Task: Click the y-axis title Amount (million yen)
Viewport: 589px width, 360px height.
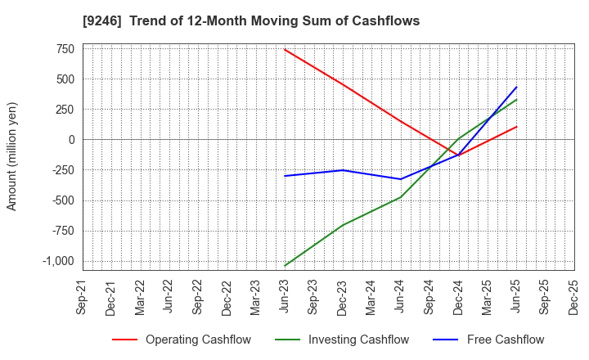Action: pos(11,156)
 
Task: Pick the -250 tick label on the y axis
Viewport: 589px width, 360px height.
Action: pos(62,170)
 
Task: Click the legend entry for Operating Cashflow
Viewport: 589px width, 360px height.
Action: pos(182,340)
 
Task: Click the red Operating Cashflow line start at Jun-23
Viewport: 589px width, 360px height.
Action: pos(285,49)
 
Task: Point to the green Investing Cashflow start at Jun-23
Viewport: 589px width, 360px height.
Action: pos(285,266)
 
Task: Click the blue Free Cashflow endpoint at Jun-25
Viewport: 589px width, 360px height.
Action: pos(516,87)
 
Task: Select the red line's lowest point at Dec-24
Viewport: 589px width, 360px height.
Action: pos(459,155)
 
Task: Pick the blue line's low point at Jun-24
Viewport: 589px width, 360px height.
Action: pos(401,179)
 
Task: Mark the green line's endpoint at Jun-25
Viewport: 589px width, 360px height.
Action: pos(516,100)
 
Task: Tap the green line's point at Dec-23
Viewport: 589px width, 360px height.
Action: pos(343,225)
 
